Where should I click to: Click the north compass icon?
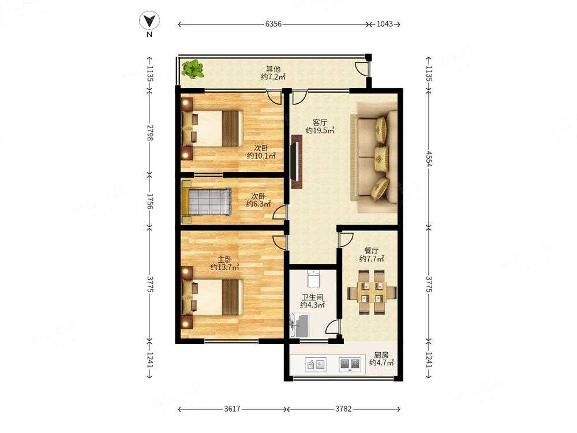tap(149, 22)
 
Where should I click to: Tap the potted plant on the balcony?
tap(192, 70)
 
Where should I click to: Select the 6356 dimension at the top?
tap(273, 24)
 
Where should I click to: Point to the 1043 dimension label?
tap(384, 24)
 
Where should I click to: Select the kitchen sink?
tap(315, 364)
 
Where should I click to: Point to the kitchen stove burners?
tap(350, 364)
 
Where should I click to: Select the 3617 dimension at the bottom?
tap(232, 409)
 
